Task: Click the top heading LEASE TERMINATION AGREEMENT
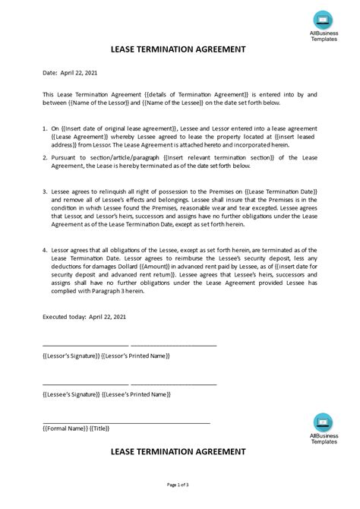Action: point(179,49)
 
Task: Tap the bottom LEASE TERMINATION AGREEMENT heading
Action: point(179,451)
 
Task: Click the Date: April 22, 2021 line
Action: point(71,73)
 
